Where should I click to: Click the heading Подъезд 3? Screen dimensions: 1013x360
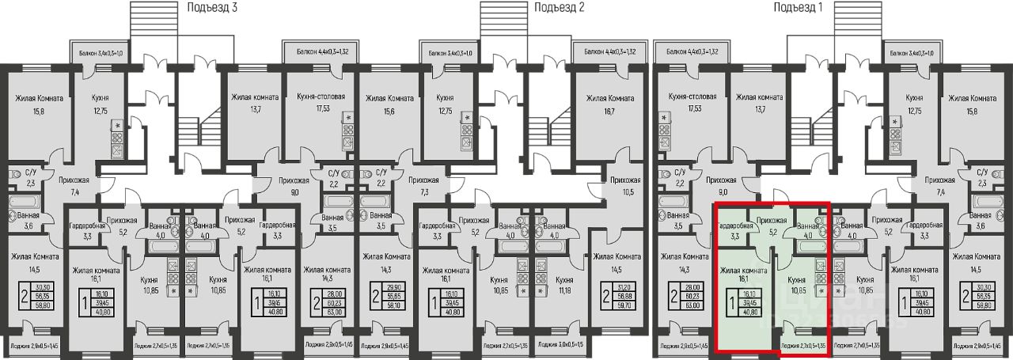[x=211, y=7]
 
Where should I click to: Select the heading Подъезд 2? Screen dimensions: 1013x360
[x=560, y=7]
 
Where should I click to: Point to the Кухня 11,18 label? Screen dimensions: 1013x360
[x=564, y=285]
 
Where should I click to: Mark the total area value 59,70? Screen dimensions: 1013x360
[x=625, y=310]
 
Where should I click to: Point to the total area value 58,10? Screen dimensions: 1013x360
[x=393, y=310]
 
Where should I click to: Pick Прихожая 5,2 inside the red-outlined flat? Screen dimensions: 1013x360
[x=772, y=225]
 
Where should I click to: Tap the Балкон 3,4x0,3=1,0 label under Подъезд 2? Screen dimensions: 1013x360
[x=450, y=52]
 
